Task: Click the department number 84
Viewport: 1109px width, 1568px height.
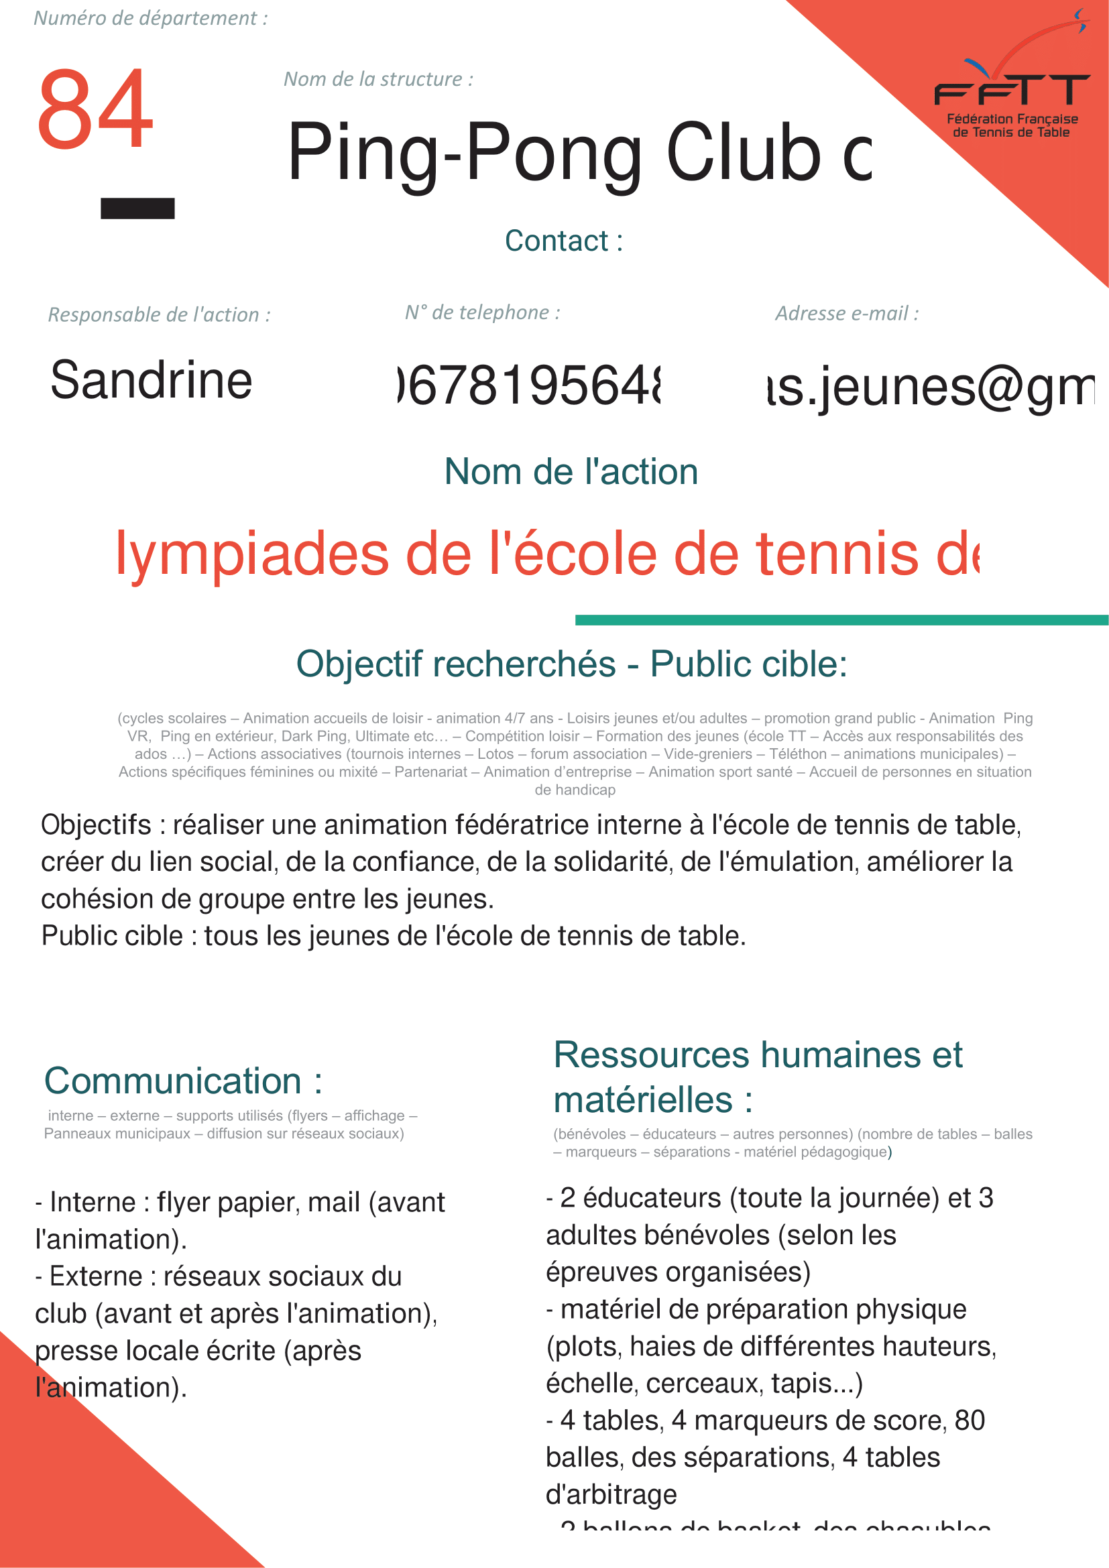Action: click(95, 109)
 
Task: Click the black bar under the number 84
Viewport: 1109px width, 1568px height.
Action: click(137, 208)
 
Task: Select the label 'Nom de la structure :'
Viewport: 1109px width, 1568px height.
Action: click(378, 79)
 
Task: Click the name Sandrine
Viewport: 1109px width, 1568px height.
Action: click(151, 380)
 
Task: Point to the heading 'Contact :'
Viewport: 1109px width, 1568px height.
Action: click(563, 241)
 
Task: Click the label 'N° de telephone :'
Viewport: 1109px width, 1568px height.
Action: click(482, 313)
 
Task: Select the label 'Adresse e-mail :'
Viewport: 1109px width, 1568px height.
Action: click(847, 314)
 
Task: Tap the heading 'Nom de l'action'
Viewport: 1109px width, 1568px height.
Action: click(571, 472)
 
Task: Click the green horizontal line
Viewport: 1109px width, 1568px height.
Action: click(841, 620)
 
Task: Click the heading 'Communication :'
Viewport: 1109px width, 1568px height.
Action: click(183, 1081)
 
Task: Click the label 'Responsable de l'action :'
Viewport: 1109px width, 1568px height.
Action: click(159, 315)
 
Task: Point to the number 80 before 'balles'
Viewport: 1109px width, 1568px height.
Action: click(970, 1421)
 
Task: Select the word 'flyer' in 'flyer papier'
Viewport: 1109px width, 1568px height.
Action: click(183, 1203)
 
